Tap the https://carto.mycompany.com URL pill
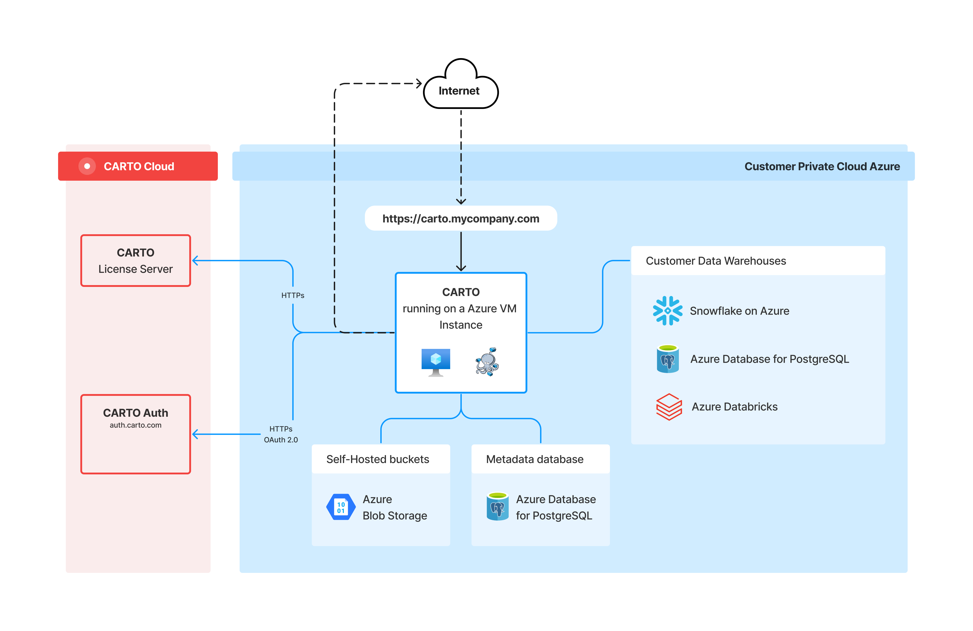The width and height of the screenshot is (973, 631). tap(461, 218)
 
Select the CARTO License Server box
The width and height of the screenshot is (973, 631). tap(136, 261)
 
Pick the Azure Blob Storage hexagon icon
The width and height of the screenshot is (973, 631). tap(341, 507)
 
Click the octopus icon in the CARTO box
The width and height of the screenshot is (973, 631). tap(487, 362)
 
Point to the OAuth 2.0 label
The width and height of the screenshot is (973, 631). tap(281, 440)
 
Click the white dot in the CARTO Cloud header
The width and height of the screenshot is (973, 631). tap(87, 166)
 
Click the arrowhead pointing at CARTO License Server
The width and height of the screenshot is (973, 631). tap(195, 261)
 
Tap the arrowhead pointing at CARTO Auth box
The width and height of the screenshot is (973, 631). tap(195, 434)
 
